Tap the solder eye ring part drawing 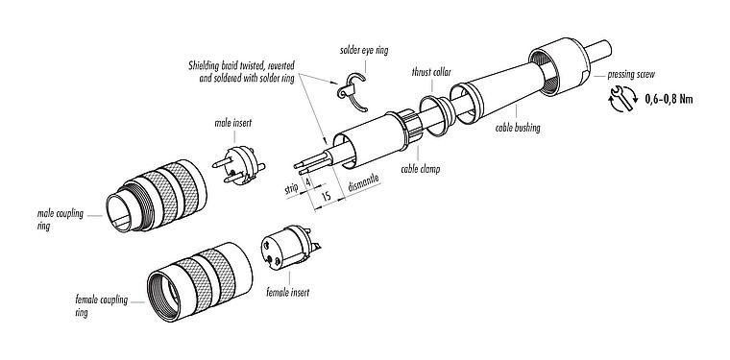[x=349, y=87]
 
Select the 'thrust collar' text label [x=434, y=72]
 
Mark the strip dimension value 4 [x=306, y=181]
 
